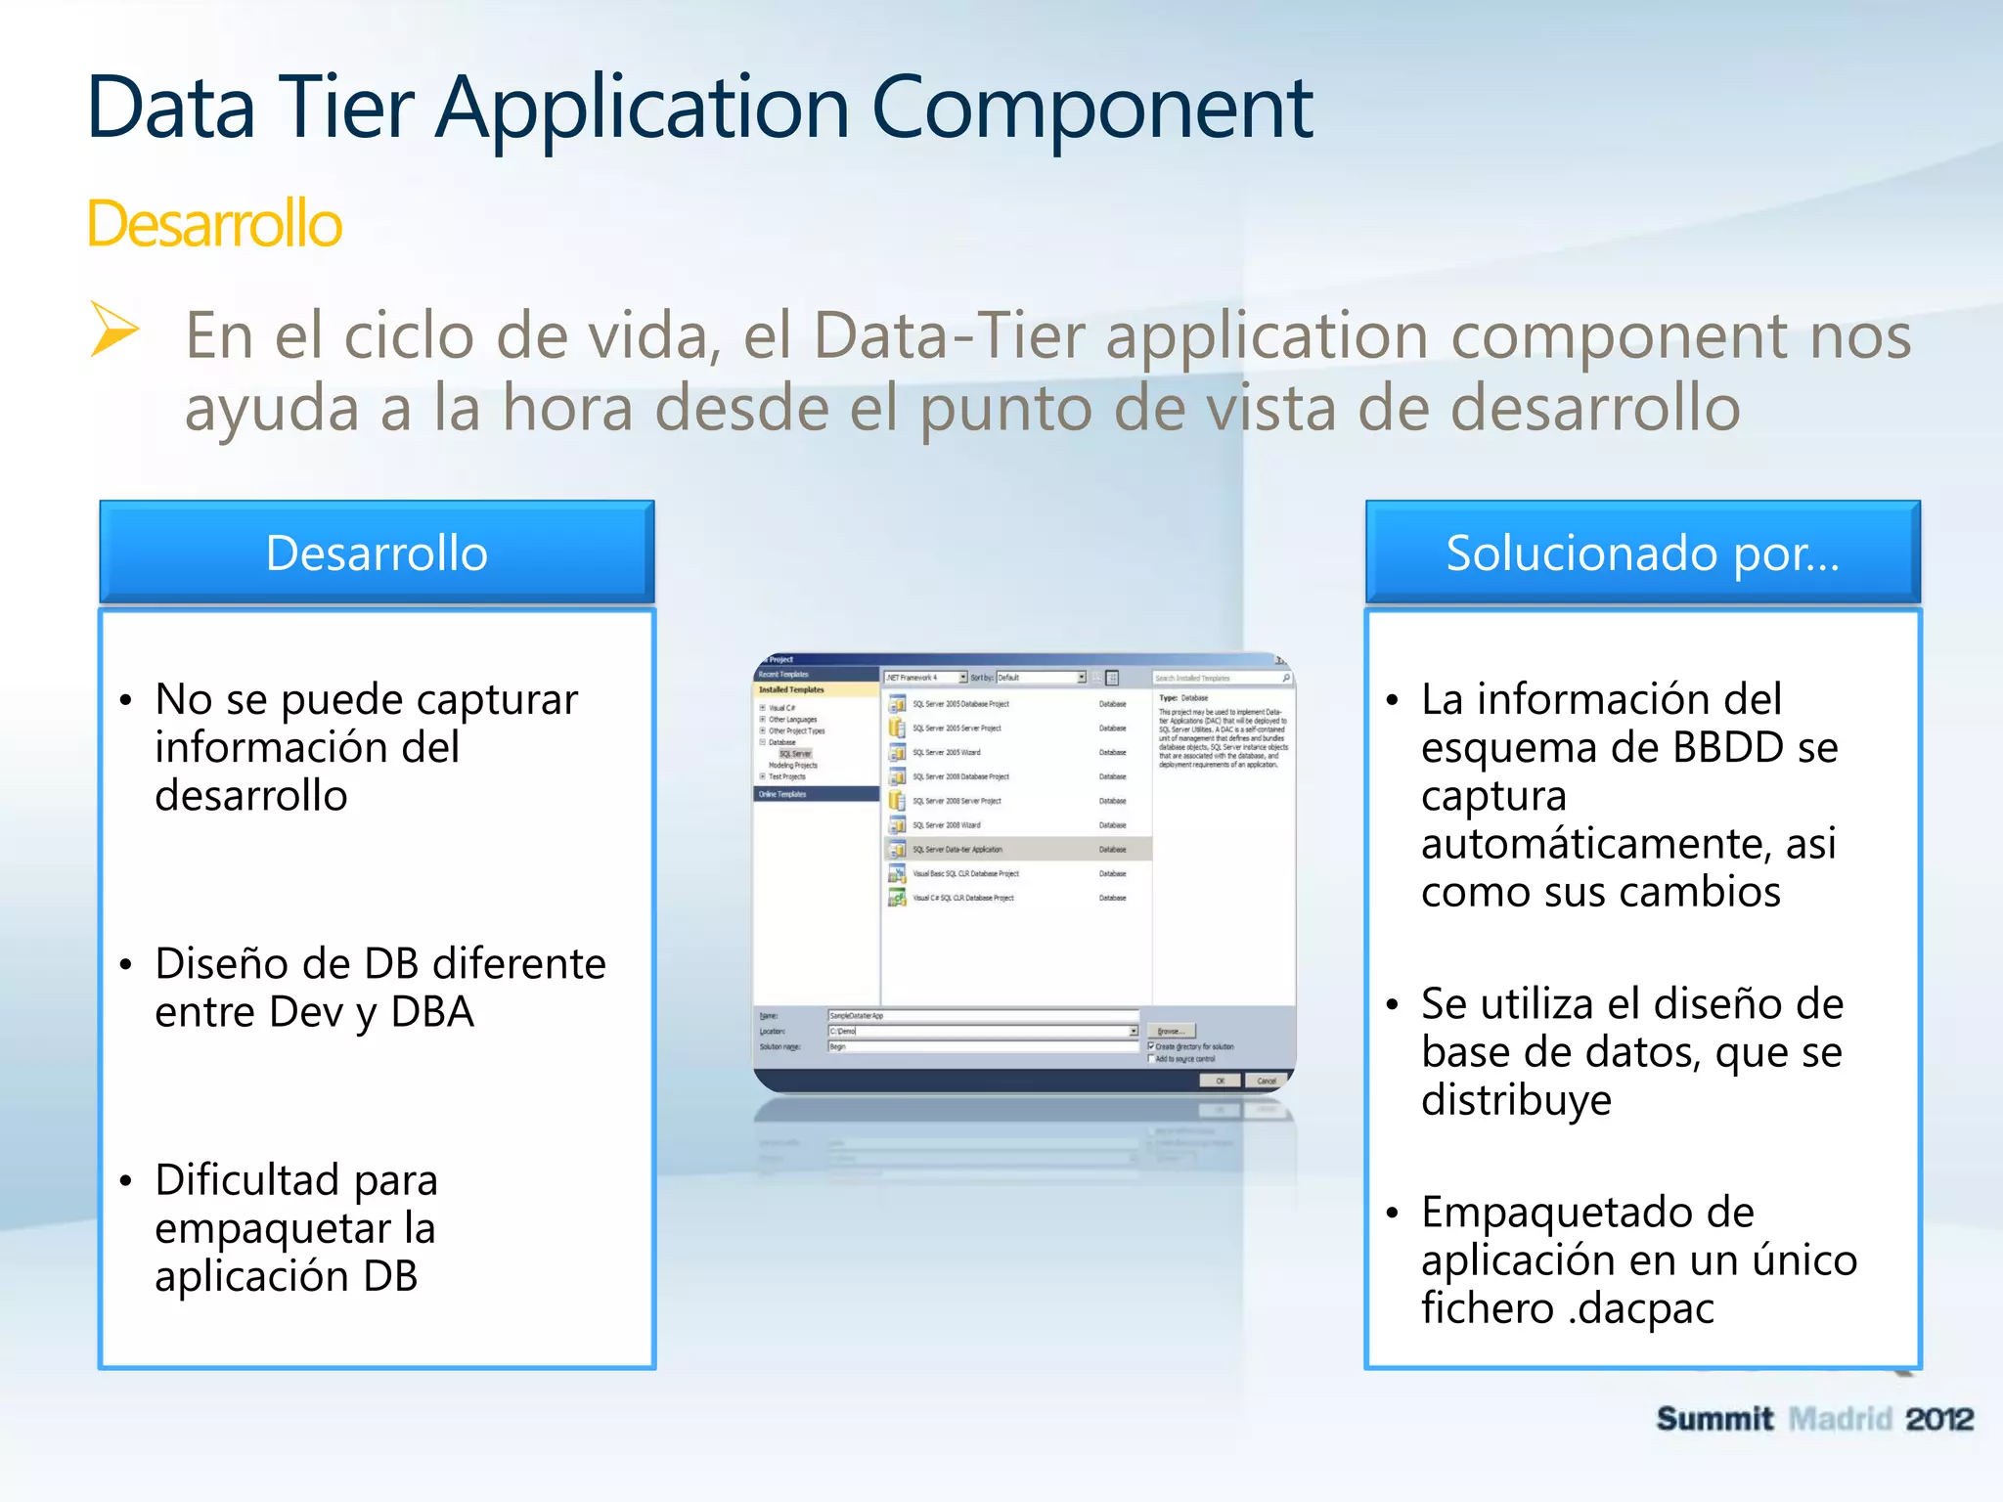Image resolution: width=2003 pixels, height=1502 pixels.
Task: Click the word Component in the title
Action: pyautogui.click(x=1091, y=108)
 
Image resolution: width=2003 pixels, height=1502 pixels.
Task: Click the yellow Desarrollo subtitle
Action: pyautogui.click(x=214, y=224)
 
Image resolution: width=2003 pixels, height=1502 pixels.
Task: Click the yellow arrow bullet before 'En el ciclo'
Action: pyautogui.click(x=114, y=329)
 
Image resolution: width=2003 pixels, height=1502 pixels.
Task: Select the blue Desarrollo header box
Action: pyautogui.click(x=377, y=552)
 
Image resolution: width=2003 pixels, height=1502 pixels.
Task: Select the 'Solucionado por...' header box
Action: pyautogui.click(x=1642, y=552)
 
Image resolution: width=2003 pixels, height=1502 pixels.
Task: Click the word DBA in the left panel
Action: pyautogui.click(x=432, y=1012)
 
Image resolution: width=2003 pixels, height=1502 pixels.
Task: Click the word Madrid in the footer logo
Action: pyautogui.click(x=1839, y=1419)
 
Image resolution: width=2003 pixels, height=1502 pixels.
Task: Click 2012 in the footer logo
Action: pyautogui.click(x=1938, y=1419)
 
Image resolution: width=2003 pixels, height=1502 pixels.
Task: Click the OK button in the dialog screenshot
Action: pyautogui.click(x=1220, y=1081)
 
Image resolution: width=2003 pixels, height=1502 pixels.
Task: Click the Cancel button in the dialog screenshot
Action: pyautogui.click(x=1267, y=1081)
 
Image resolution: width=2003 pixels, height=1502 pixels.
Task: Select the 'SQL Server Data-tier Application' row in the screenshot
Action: pyautogui.click(x=1017, y=849)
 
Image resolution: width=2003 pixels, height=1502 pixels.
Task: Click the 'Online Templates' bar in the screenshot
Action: pyautogui.click(x=816, y=794)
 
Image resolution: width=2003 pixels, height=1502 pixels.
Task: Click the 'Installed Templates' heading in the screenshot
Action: pyautogui.click(x=792, y=689)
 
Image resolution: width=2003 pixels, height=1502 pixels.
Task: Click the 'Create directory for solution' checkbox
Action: pyautogui.click(x=1151, y=1046)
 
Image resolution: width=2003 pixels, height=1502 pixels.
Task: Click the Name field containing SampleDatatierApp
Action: pyautogui.click(x=982, y=1016)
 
